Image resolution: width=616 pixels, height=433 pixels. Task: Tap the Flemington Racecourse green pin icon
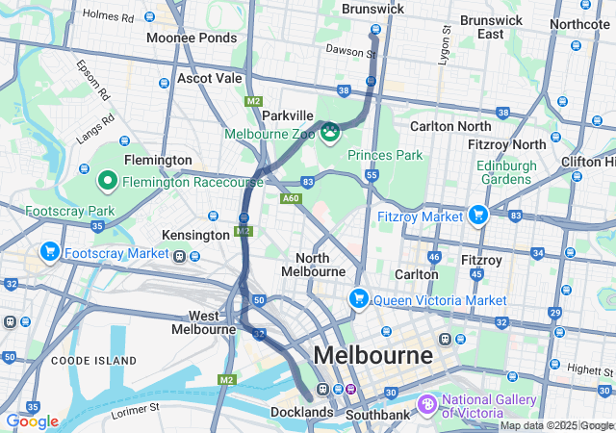tap(108, 180)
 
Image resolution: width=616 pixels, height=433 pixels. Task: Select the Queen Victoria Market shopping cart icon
tap(359, 299)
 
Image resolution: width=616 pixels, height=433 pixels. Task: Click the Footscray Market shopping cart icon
tap(49, 252)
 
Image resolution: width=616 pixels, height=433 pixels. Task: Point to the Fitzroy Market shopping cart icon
tap(476, 215)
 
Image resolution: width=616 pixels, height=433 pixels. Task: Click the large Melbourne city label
tap(372, 355)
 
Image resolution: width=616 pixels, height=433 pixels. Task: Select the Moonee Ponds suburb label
tap(192, 38)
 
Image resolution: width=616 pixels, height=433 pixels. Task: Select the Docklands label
tap(301, 413)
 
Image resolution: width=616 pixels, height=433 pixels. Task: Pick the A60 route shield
tap(291, 199)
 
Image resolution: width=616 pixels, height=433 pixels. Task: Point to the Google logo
tap(32, 420)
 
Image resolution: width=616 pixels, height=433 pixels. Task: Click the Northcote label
tap(580, 24)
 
